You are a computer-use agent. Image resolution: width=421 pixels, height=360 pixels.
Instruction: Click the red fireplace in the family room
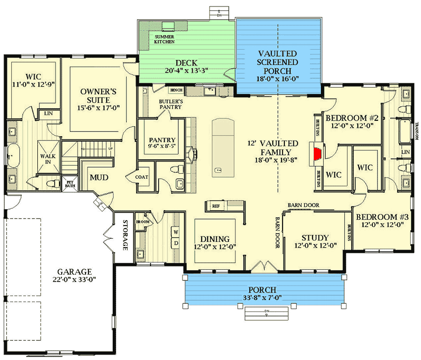(x=318, y=154)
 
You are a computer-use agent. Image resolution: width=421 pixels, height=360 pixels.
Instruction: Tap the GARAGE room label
(x=74, y=272)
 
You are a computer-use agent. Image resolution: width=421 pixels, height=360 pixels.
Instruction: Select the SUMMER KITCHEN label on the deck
(x=164, y=39)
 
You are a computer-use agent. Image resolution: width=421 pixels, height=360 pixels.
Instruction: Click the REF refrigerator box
(x=216, y=206)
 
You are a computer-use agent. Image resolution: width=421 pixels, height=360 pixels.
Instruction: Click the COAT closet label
(x=142, y=177)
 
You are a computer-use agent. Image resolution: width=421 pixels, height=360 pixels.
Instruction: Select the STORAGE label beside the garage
(x=125, y=235)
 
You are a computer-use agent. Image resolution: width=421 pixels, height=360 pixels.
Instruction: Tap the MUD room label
(x=99, y=177)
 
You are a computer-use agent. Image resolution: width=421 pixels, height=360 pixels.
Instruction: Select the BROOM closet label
(x=142, y=221)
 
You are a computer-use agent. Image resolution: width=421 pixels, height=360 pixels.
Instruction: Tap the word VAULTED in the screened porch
(x=279, y=54)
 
